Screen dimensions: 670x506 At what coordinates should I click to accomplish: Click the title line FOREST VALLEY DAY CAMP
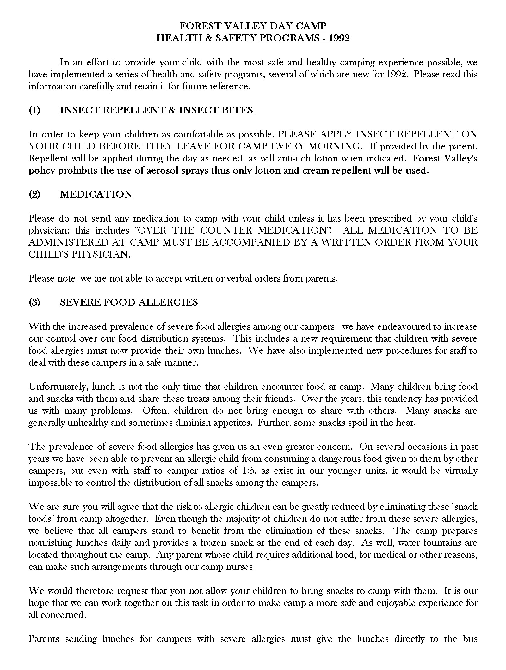[x=253, y=26]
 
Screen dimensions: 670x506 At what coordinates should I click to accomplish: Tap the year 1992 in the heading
[x=339, y=38]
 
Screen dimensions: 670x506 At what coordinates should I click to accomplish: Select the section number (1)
[x=34, y=110]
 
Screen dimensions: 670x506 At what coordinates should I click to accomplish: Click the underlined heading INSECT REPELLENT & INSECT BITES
[x=157, y=110]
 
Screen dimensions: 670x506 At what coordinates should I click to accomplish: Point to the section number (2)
[x=34, y=194]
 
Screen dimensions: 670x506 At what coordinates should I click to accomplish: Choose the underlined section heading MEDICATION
[x=96, y=194]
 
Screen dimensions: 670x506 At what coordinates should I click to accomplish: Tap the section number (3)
[x=34, y=302]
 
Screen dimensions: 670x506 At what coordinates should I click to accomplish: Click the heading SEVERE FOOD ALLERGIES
[x=129, y=302]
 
